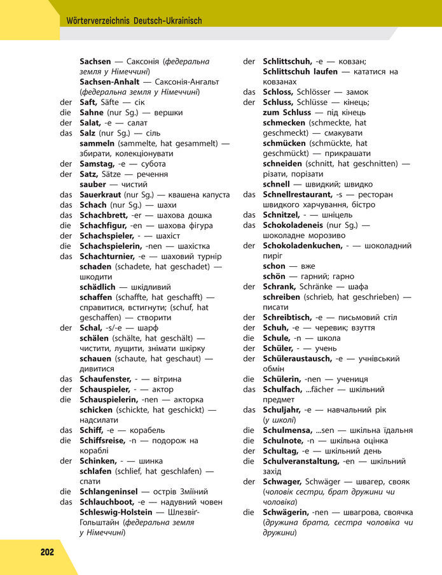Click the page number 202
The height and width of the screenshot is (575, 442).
point(46,552)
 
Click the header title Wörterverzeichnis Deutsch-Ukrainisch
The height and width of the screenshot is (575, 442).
point(134,20)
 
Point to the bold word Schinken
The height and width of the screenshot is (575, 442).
point(99,461)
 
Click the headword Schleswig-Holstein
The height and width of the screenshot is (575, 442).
point(116,512)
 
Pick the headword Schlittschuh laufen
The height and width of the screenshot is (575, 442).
point(300,72)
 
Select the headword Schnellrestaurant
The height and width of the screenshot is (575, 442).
point(298,194)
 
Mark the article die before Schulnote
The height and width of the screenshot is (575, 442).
point(249,441)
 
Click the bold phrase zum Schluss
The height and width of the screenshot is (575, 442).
point(286,113)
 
